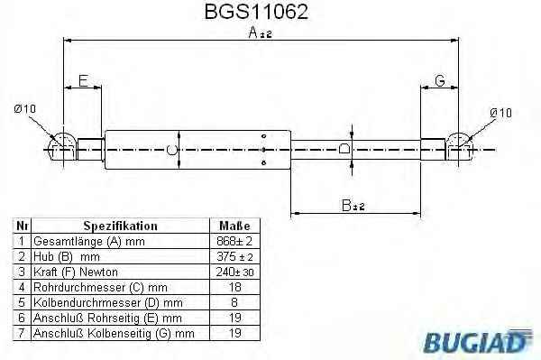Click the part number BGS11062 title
[256, 12]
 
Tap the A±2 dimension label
[261, 32]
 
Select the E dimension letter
[83, 81]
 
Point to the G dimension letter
[440, 81]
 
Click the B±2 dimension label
[353, 206]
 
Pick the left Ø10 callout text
[25, 109]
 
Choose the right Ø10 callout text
[500, 113]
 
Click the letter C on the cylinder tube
[171, 150]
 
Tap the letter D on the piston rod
[344, 148]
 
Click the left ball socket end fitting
[62, 146]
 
